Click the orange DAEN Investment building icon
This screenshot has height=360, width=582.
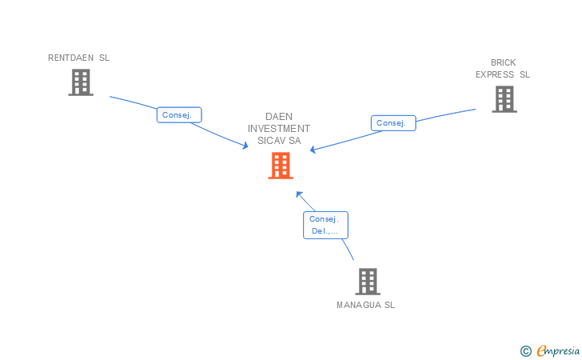click(280, 165)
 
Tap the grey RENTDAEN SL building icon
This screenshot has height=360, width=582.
click(80, 82)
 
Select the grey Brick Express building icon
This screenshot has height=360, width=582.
click(504, 98)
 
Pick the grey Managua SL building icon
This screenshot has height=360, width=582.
click(367, 281)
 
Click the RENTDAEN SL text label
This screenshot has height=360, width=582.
click(78, 58)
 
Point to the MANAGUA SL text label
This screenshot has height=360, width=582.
click(365, 305)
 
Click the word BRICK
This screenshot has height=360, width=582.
click(503, 62)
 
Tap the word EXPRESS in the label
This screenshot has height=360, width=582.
click(495, 74)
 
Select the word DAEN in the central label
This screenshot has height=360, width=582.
click(279, 116)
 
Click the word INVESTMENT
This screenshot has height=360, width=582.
click(279, 128)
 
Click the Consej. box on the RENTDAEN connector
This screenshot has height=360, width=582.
click(178, 115)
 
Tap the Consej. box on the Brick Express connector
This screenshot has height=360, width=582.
click(393, 123)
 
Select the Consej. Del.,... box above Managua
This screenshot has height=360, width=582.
click(325, 225)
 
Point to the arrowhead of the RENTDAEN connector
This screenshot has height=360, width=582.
click(245, 146)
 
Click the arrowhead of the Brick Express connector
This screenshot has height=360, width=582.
click(313, 149)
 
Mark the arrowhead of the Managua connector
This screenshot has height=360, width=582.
click(298, 193)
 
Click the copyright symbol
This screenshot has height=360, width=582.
click(525, 350)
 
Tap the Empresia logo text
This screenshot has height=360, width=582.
click(558, 350)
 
